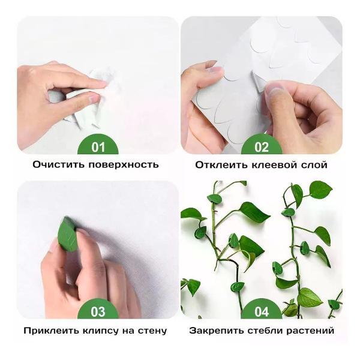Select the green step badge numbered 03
(98, 312)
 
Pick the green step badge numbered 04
(262, 312)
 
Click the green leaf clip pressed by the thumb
(68, 235)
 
